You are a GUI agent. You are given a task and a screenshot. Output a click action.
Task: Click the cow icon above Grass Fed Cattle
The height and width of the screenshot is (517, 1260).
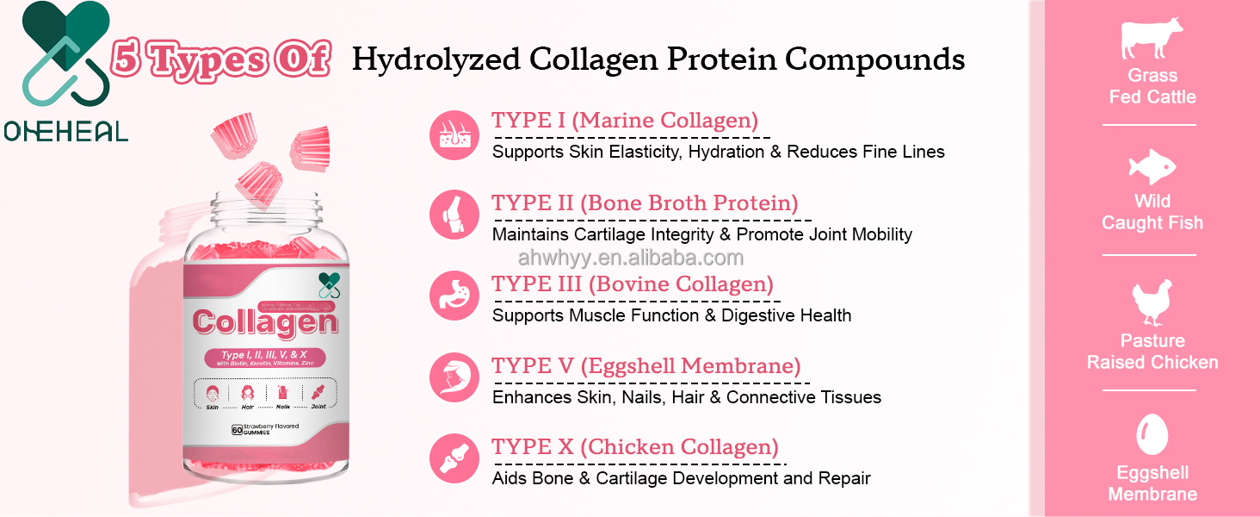(x=1152, y=40)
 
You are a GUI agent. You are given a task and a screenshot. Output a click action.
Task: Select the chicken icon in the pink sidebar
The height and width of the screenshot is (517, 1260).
(x=1152, y=301)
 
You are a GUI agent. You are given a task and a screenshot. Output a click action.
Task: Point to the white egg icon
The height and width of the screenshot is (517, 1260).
(x=1152, y=433)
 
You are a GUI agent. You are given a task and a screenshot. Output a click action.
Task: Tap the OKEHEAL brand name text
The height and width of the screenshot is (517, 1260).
(x=65, y=131)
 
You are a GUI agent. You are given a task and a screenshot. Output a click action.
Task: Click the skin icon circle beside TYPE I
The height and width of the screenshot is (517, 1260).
(x=454, y=135)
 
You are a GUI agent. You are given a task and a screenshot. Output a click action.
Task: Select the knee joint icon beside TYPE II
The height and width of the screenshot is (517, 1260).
(x=454, y=215)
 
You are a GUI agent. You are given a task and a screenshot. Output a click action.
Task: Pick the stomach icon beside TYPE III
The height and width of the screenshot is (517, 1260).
(x=454, y=296)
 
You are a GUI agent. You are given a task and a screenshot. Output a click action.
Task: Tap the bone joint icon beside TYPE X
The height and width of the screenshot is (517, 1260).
(x=454, y=458)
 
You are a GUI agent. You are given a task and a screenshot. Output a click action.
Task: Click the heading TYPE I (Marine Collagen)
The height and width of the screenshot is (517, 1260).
(x=625, y=121)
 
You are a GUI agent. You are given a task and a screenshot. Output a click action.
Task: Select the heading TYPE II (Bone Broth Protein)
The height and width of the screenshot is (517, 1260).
(x=645, y=203)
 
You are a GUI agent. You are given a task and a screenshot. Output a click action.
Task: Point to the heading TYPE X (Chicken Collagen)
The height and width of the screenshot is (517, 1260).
(x=635, y=448)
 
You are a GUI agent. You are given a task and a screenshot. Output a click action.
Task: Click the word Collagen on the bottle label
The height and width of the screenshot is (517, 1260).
(x=265, y=321)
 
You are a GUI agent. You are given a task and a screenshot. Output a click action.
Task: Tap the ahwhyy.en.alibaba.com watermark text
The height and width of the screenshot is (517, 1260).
(x=630, y=258)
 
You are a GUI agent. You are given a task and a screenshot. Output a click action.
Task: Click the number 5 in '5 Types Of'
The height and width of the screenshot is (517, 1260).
(x=128, y=60)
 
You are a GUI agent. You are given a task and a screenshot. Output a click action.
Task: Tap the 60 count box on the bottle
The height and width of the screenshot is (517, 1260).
(x=236, y=428)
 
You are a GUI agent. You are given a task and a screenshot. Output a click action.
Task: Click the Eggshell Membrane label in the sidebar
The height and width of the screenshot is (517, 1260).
(x=1152, y=483)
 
